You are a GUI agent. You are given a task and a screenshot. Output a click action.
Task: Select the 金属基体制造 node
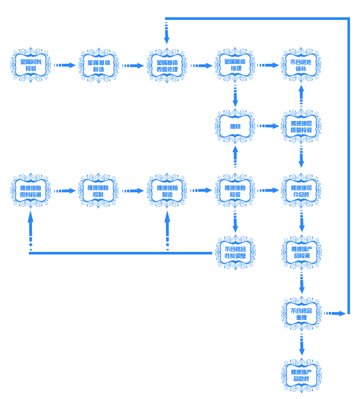point(99,65)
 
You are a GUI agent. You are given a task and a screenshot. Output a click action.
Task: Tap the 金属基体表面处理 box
point(167,65)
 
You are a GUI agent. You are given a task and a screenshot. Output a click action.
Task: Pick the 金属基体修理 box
point(235,65)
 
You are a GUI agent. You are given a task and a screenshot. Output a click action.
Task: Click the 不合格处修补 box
point(301,65)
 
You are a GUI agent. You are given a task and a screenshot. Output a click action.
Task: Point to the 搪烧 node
point(235,126)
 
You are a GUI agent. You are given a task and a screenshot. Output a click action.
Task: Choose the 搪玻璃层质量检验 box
point(301,126)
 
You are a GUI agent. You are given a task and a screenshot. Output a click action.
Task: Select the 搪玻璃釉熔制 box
point(99,191)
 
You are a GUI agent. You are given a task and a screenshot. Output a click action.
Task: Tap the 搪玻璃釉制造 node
point(167,191)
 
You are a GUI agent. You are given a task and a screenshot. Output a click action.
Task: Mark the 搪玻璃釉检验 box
point(235,191)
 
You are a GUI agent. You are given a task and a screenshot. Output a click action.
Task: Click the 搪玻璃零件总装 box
point(301,191)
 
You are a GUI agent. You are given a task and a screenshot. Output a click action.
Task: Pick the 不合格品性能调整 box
point(235,252)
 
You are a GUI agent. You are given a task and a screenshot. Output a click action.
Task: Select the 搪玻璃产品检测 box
point(301,252)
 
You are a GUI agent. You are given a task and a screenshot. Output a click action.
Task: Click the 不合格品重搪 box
point(301,314)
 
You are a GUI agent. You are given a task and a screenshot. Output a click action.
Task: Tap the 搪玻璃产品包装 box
point(301,375)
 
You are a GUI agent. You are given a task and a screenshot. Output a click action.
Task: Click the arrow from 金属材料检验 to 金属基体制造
point(65,65)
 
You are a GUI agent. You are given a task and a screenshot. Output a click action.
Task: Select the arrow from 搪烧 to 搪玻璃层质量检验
point(268,126)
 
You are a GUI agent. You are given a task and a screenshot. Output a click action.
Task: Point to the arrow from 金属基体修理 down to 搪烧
point(235,96)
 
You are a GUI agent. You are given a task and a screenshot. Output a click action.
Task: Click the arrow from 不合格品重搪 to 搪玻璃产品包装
point(301,345)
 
